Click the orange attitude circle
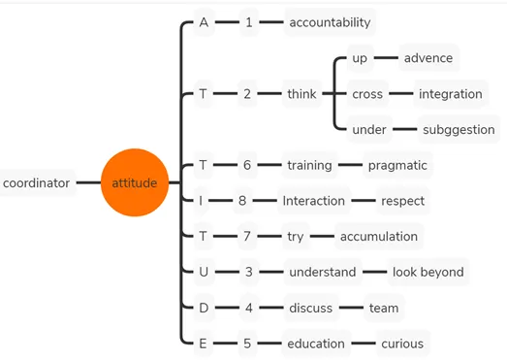pyautogui.click(x=135, y=182)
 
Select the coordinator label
pyautogui.click(x=36, y=183)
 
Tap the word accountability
pyautogui.click(x=330, y=22)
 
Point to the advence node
pyautogui.click(x=428, y=58)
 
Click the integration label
pyautogui.click(x=451, y=94)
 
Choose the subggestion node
pyautogui.click(x=459, y=129)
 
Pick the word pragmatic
pyautogui.click(x=397, y=165)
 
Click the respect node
pyautogui.click(x=402, y=201)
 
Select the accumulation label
pyautogui.click(x=379, y=237)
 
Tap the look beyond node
pyautogui.click(x=428, y=272)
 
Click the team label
pyautogui.click(x=384, y=308)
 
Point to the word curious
pyautogui.click(x=402, y=344)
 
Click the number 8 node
pyautogui.click(x=242, y=201)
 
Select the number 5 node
pyautogui.click(x=247, y=344)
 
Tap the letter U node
pyautogui.click(x=204, y=272)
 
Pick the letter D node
pyautogui.click(x=204, y=308)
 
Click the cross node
pyautogui.click(x=367, y=94)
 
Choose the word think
pyautogui.click(x=301, y=94)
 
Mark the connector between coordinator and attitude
pyautogui.click(x=88, y=182)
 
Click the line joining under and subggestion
pyautogui.click(x=405, y=129)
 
